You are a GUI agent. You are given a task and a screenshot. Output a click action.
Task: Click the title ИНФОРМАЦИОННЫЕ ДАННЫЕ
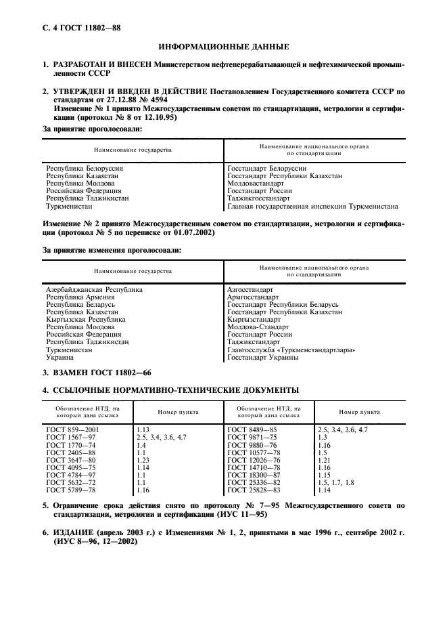click(223, 47)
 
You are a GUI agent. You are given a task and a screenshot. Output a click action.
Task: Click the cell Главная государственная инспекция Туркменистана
click(312, 207)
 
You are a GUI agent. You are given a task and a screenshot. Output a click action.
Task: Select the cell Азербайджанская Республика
click(94, 289)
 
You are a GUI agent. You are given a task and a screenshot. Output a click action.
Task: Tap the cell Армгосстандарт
click(253, 297)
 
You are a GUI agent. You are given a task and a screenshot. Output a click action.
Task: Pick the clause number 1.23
click(143, 461)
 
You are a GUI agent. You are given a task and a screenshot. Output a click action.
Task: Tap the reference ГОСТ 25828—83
click(254, 490)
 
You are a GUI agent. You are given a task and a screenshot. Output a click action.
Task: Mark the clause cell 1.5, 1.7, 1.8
click(335, 482)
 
